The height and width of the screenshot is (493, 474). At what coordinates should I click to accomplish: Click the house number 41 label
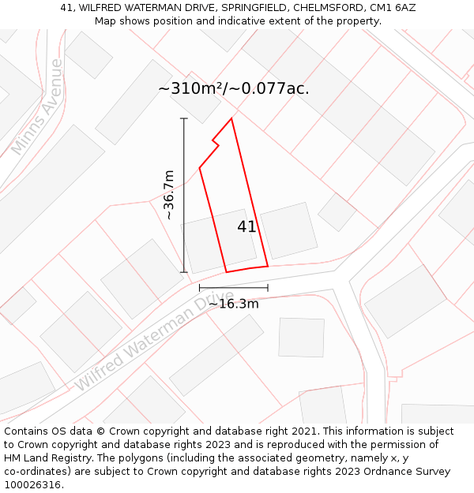[246, 226]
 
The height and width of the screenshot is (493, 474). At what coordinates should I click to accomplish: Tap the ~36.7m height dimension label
[168, 195]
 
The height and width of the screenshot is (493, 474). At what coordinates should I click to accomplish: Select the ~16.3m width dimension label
[233, 304]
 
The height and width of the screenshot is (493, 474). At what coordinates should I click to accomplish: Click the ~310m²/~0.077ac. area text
[234, 88]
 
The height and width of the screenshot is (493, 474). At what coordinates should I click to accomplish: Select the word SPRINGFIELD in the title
[255, 8]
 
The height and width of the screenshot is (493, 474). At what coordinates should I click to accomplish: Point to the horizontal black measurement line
[233, 288]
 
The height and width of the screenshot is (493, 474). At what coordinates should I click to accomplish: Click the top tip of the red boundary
[231, 119]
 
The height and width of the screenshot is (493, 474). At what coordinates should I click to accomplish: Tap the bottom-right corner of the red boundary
[268, 266]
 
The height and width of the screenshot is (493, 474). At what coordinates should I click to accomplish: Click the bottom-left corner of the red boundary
[227, 272]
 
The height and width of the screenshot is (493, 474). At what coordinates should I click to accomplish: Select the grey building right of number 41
[288, 230]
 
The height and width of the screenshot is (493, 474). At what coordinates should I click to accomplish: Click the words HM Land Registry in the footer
[45, 458]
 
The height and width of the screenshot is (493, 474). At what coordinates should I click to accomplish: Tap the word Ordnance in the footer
[394, 472]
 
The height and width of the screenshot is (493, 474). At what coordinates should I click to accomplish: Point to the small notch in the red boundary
[215, 144]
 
